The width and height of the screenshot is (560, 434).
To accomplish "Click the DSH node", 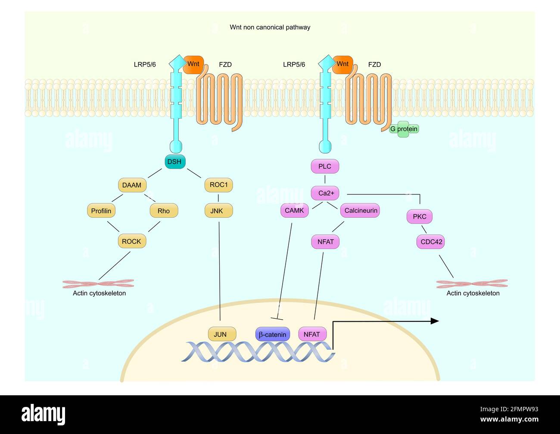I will (174, 162).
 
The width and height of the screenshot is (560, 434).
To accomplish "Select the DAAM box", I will (132, 185).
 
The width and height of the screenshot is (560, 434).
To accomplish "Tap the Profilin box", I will (101, 211).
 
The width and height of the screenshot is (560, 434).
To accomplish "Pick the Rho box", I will (164, 211).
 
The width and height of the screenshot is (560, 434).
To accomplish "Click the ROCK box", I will (131, 241).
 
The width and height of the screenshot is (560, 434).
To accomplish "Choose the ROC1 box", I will (218, 185).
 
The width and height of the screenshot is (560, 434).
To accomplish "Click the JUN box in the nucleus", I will (220, 334).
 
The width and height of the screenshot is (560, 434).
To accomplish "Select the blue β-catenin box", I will (272, 334).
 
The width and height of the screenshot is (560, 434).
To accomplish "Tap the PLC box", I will (325, 166).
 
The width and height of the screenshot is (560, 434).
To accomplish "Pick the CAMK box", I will (294, 210).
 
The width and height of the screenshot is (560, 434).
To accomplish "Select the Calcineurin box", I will (361, 210).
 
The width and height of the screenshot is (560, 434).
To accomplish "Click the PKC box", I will (419, 216).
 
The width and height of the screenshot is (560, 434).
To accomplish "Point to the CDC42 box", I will (431, 242).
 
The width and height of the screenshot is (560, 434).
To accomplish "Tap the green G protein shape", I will (404, 129).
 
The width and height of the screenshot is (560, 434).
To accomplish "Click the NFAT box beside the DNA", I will (312, 334).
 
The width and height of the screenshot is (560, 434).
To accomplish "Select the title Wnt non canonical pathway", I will (270, 27).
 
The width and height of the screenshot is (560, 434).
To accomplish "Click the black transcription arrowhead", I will (435, 321).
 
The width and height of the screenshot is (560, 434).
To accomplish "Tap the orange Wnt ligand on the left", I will (193, 64).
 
